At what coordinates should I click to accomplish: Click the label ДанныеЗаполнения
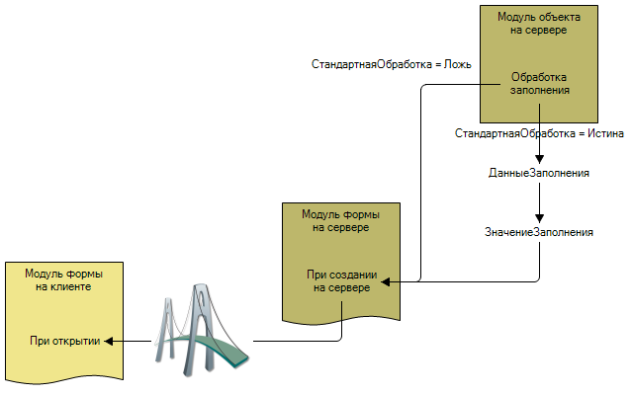(x=539, y=173)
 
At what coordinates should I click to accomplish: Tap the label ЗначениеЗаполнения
(x=539, y=232)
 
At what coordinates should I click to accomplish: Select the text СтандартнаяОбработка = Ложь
(x=391, y=65)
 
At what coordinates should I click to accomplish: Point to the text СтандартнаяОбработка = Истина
(x=539, y=132)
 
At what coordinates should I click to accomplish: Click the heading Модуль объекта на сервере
(x=539, y=24)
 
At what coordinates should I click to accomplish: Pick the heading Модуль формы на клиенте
(x=63, y=279)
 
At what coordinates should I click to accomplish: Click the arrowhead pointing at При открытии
(x=110, y=341)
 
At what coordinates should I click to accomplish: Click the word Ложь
(x=458, y=65)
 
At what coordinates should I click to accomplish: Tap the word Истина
(x=604, y=132)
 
